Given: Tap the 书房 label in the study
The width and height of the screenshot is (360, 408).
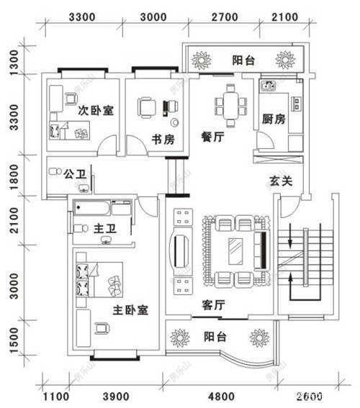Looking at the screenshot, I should point(162,140).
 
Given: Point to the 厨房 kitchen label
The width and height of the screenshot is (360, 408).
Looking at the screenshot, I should point(274,119).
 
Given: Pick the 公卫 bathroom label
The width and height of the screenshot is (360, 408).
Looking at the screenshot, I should point(75,174).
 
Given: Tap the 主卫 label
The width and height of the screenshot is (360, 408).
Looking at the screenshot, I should point(105,229).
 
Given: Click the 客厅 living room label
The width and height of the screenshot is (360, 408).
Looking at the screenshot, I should point(214,304).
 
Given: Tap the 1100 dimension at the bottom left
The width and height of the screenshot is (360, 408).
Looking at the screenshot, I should point(55,396).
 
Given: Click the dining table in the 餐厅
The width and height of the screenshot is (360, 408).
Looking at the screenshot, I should point(230,104).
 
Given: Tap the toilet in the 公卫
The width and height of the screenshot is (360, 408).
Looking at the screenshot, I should point(53,173).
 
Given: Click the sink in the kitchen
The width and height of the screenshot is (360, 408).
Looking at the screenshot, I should point(269,86).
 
